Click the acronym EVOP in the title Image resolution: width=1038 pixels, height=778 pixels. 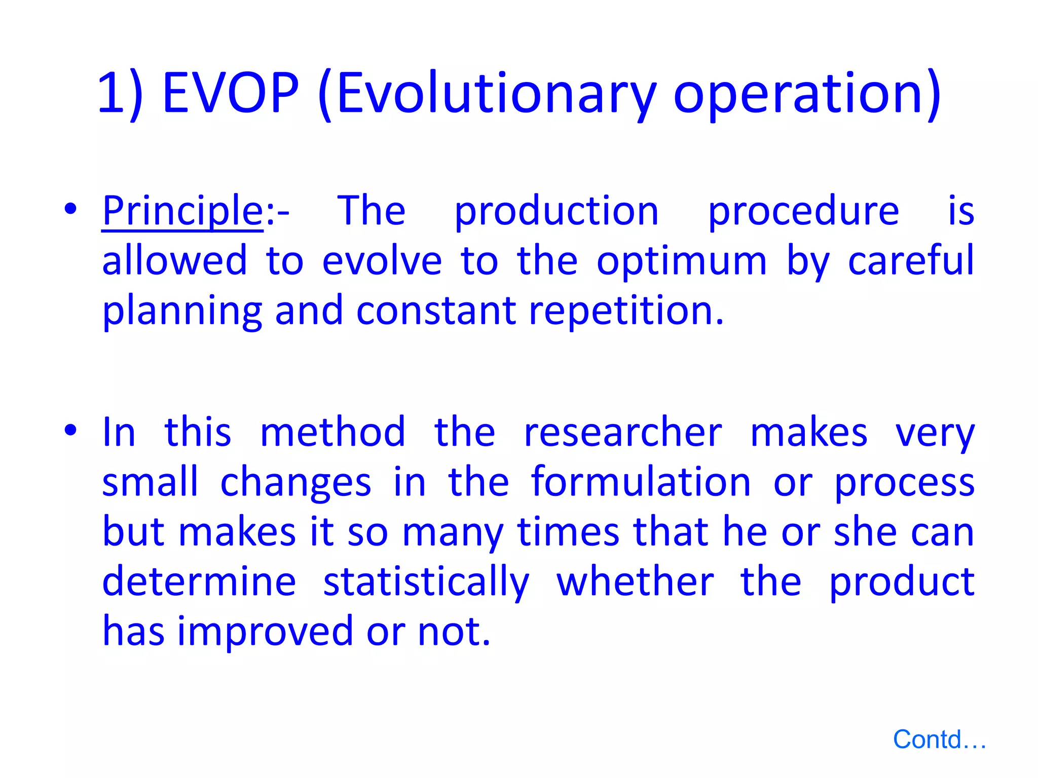point(231,93)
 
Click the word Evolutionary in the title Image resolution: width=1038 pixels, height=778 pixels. point(496,94)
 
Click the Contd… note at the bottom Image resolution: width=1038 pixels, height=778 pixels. point(939,740)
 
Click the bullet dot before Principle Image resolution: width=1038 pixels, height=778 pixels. point(70,209)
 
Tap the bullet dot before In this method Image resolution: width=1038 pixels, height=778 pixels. point(70,430)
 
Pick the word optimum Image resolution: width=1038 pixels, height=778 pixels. point(682,261)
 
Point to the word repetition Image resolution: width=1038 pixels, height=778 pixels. point(626,310)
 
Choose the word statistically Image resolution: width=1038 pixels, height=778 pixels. point(426,582)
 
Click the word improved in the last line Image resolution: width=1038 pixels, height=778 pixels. point(265,632)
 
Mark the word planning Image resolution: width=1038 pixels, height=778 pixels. point(182,311)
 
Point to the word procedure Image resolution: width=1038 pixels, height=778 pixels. point(803,212)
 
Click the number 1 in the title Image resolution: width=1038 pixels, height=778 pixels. point(113,93)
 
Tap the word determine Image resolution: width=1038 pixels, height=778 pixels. point(199,582)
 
